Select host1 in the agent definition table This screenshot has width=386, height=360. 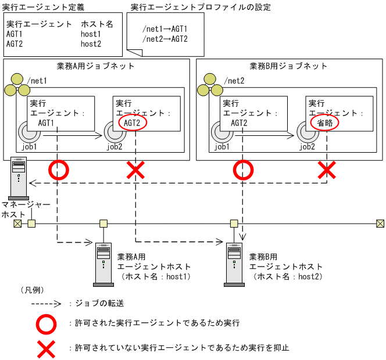(91, 34)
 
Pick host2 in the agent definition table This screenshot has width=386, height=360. (91, 44)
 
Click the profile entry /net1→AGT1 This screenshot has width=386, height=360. (165, 29)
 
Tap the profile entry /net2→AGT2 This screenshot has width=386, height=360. (165, 39)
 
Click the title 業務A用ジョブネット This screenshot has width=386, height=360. (96, 66)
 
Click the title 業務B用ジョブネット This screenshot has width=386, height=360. (289, 66)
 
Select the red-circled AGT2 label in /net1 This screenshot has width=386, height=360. (133, 123)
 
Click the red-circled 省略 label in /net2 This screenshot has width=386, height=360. (325, 123)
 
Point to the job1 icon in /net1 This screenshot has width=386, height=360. (27, 132)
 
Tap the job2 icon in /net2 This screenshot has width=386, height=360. (306, 132)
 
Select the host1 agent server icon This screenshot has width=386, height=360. (103, 264)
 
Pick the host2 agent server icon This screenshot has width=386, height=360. (235, 264)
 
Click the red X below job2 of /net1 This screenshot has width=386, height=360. (135, 170)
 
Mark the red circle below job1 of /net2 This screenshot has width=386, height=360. (242, 170)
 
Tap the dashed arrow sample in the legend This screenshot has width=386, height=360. (45, 304)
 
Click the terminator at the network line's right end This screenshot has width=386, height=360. (380, 224)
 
